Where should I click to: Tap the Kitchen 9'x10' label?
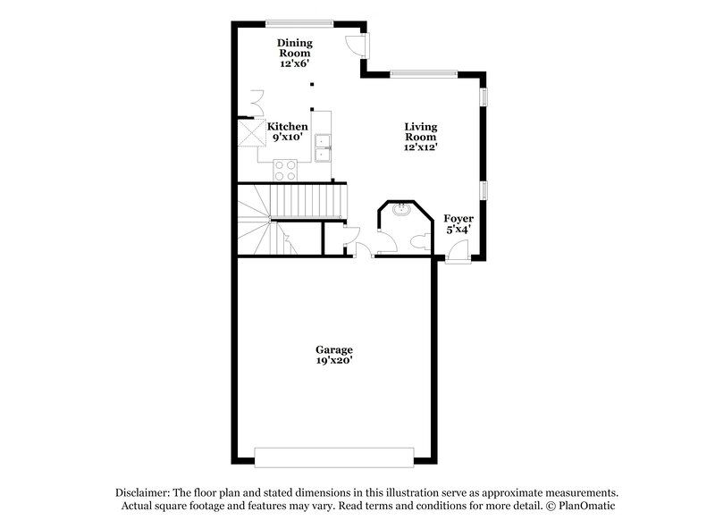(x=288, y=131)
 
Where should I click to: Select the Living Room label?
(x=420, y=132)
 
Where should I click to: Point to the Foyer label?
(x=458, y=223)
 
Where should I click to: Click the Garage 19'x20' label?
(x=333, y=355)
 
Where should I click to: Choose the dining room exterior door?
(x=355, y=45)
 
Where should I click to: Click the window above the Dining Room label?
(x=299, y=21)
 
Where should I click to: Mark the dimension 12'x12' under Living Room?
(x=420, y=148)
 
